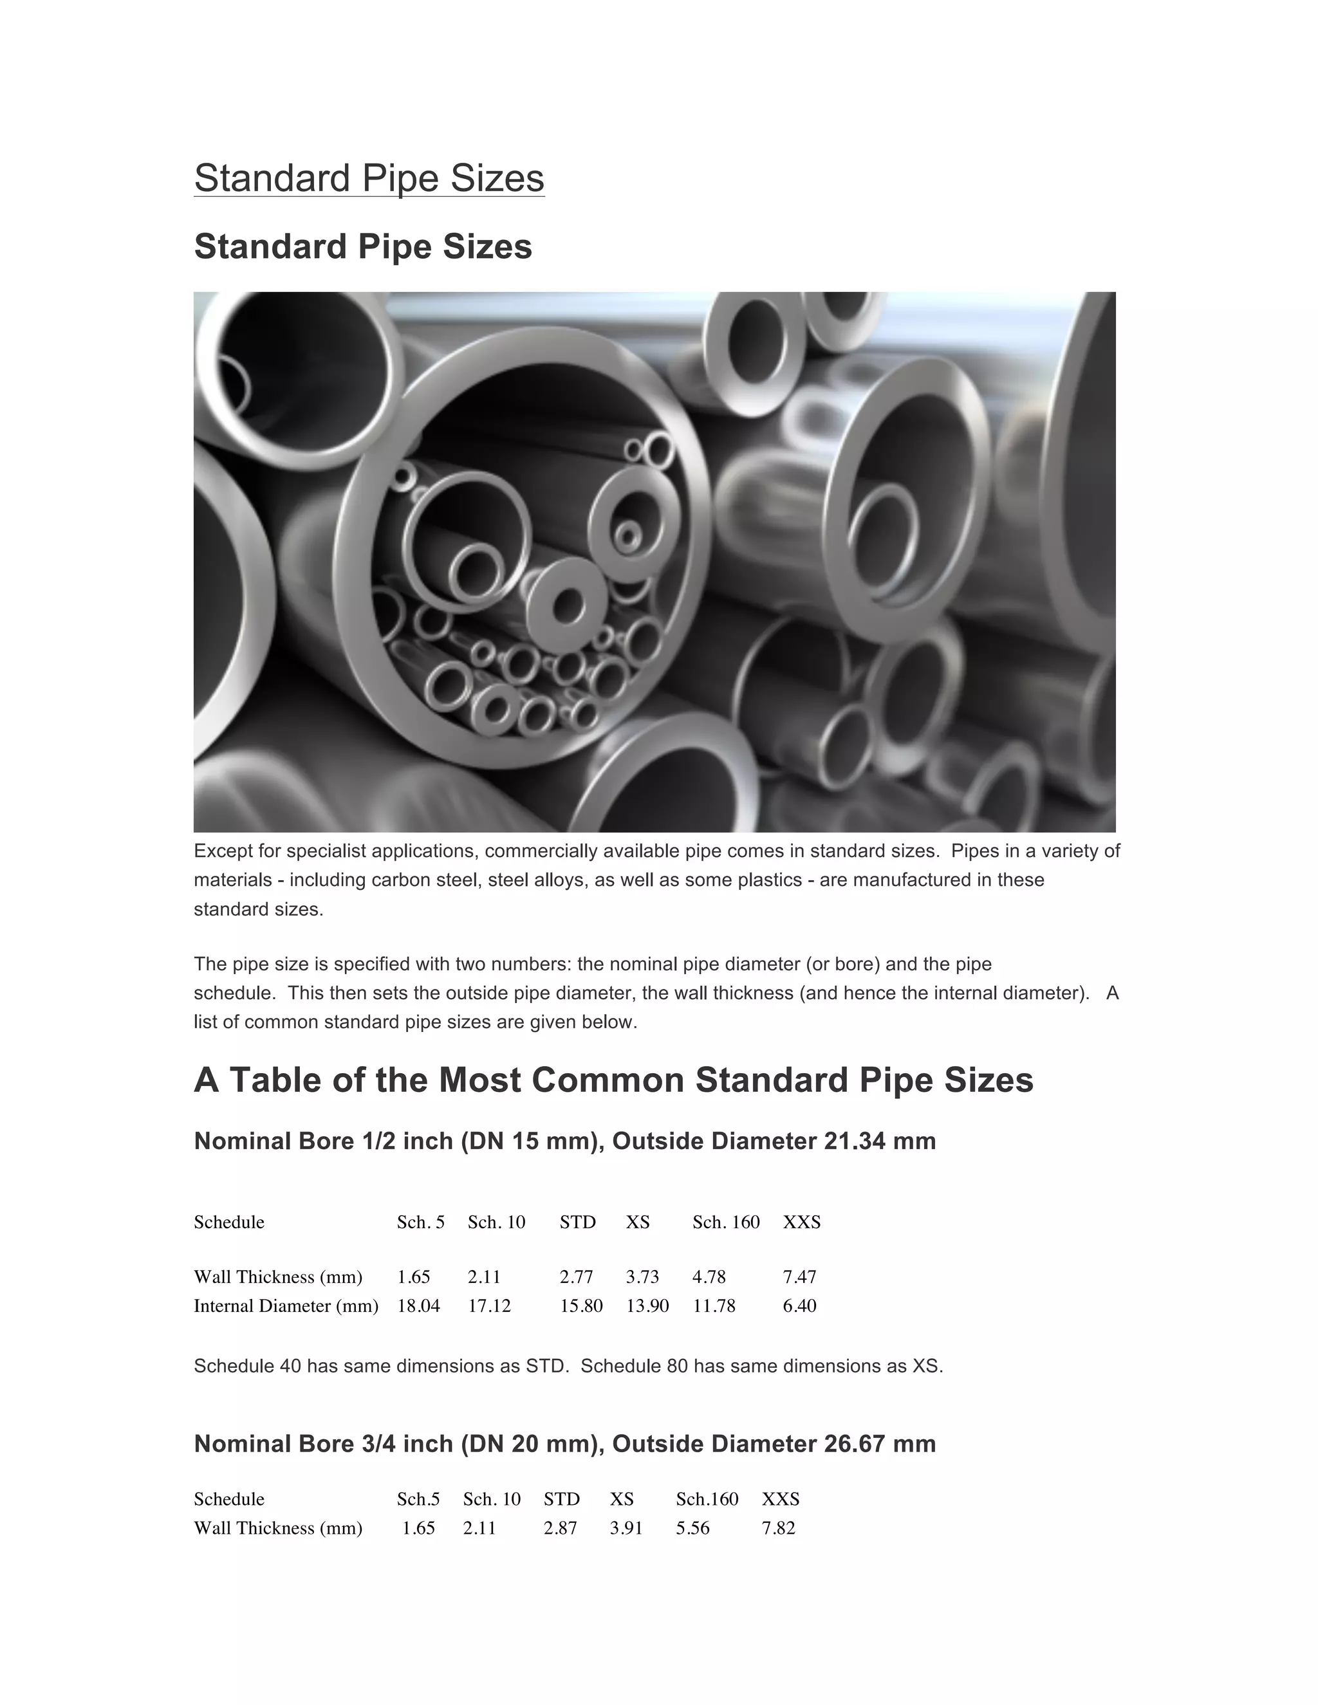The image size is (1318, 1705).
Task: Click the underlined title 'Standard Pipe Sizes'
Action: click(369, 178)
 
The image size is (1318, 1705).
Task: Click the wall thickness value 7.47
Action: click(799, 1276)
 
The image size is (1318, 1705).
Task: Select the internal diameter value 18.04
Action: click(418, 1305)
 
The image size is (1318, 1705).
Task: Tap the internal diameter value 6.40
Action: click(799, 1305)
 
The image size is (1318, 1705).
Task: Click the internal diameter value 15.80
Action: click(581, 1305)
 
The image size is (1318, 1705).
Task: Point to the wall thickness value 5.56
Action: click(692, 1528)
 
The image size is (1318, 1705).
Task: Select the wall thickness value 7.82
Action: click(779, 1528)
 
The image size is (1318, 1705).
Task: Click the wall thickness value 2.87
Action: click(560, 1528)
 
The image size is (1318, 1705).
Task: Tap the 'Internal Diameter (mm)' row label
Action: click(286, 1305)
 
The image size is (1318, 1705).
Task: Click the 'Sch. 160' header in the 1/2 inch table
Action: click(725, 1222)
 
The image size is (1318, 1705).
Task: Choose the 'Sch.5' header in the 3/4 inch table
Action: click(418, 1499)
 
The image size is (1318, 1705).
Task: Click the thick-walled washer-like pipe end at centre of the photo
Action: click(567, 605)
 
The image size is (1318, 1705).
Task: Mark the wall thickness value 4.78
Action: click(709, 1276)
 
